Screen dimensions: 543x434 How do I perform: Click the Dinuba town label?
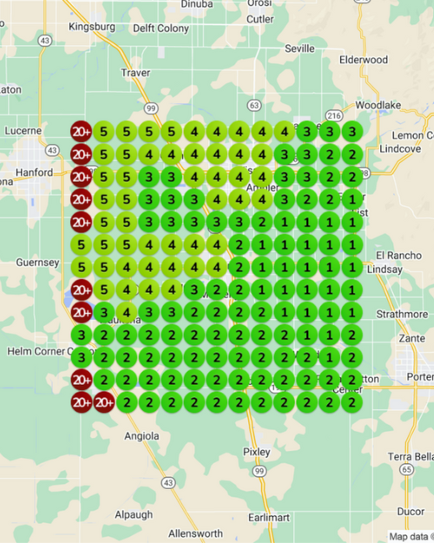[x=198, y=4]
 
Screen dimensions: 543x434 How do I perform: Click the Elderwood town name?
[x=364, y=60]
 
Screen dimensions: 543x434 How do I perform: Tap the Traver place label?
[x=136, y=72]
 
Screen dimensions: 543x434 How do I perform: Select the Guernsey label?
[x=37, y=262]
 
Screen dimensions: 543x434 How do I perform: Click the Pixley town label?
[x=257, y=452]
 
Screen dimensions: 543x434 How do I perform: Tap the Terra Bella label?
[x=411, y=457]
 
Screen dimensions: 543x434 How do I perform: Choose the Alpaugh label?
[x=134, y=514]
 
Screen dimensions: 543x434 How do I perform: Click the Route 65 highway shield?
[x=405, y=470]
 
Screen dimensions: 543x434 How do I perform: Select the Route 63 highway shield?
[x=253, y=105]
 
